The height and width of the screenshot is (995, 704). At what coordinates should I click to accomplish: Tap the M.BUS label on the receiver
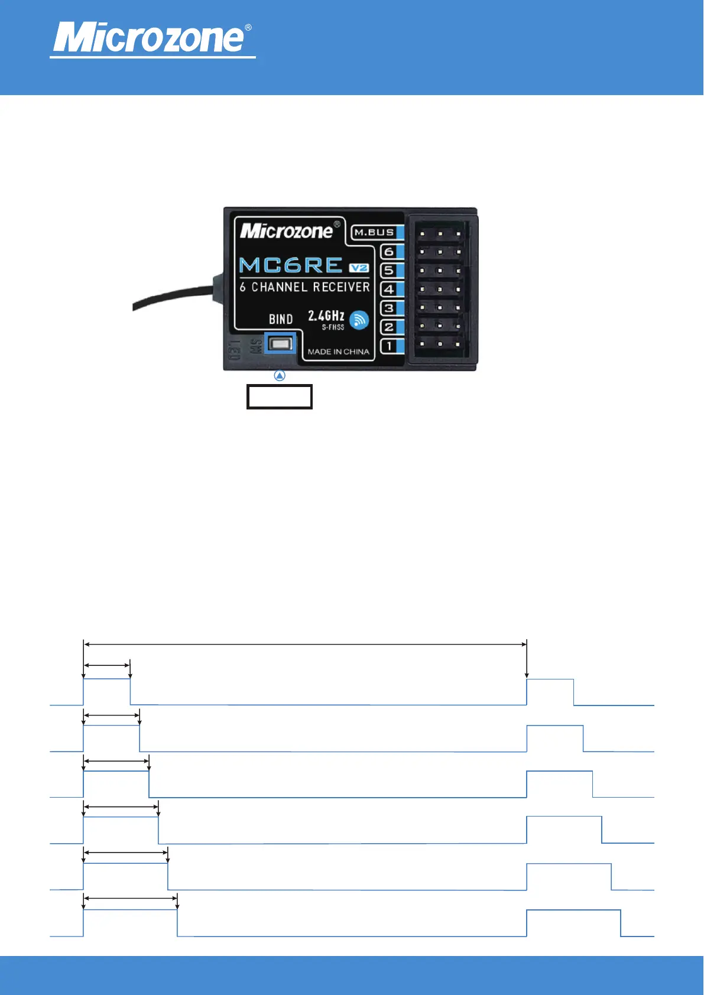(x=374, y=232)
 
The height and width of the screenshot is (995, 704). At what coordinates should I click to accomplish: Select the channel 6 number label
(x=388, y=252)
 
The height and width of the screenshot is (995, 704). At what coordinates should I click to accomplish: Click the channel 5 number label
(x=388, y=271)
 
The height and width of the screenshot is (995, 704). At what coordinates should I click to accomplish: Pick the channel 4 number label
(x=388, y=290)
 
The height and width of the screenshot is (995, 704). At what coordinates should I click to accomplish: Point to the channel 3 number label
(x=388, y=308)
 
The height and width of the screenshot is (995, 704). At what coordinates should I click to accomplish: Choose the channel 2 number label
(x=388, y=327)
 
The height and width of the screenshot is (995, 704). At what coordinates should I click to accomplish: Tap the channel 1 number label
(x=388, y=346)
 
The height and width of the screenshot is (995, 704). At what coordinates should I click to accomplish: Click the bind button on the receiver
(x=281, y=343)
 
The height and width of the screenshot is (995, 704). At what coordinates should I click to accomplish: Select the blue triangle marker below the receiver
(x=280, y=375)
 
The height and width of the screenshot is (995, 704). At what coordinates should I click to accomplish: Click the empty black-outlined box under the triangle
(x=279, y=396)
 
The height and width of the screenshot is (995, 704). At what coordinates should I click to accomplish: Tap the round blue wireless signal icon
(x=359, y=320)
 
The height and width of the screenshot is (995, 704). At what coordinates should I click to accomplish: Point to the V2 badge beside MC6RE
(x=359, y=268)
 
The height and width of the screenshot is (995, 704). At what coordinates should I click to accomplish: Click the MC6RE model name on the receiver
(x=291, y=265)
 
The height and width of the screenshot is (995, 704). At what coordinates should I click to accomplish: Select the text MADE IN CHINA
(x=338, y=352)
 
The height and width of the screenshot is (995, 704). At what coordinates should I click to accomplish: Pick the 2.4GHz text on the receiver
(x=326, y=316)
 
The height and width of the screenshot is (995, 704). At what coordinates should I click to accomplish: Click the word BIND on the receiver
(x=281, y=319)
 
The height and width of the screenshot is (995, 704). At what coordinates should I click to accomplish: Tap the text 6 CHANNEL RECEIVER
(x=304, y=287)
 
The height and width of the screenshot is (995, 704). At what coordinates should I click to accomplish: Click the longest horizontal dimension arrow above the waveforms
(x=305, y=644)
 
